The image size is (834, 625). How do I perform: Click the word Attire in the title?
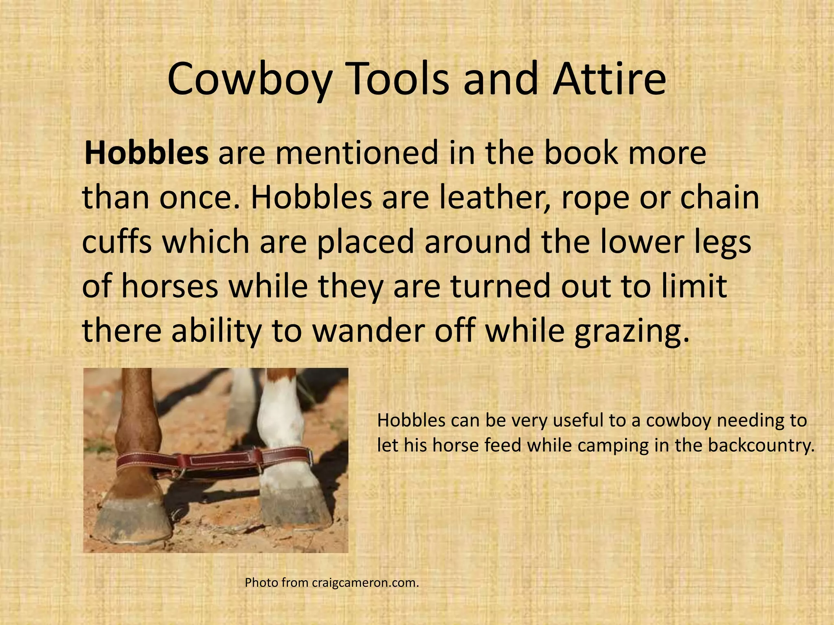pos(609,79)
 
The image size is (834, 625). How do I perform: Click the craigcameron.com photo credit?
pos(365,583)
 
